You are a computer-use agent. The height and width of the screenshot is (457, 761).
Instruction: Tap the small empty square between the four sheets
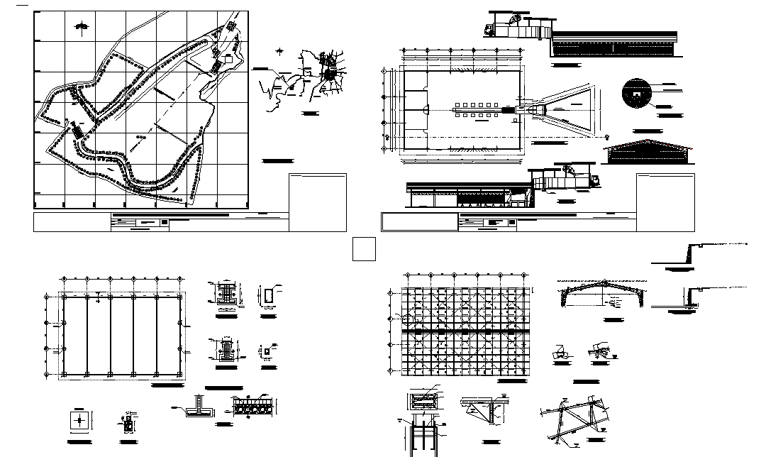tap(364, 250)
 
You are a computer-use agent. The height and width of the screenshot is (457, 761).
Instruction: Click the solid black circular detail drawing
tap(637, 91)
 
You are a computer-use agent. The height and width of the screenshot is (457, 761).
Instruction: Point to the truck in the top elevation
tap(491, 29)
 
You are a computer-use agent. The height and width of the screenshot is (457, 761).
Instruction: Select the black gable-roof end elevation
tap(647, 153)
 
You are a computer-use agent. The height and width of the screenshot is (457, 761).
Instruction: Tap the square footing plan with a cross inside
tap(80, 420)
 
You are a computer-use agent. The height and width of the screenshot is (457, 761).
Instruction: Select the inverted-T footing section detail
tap(200, 407)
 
